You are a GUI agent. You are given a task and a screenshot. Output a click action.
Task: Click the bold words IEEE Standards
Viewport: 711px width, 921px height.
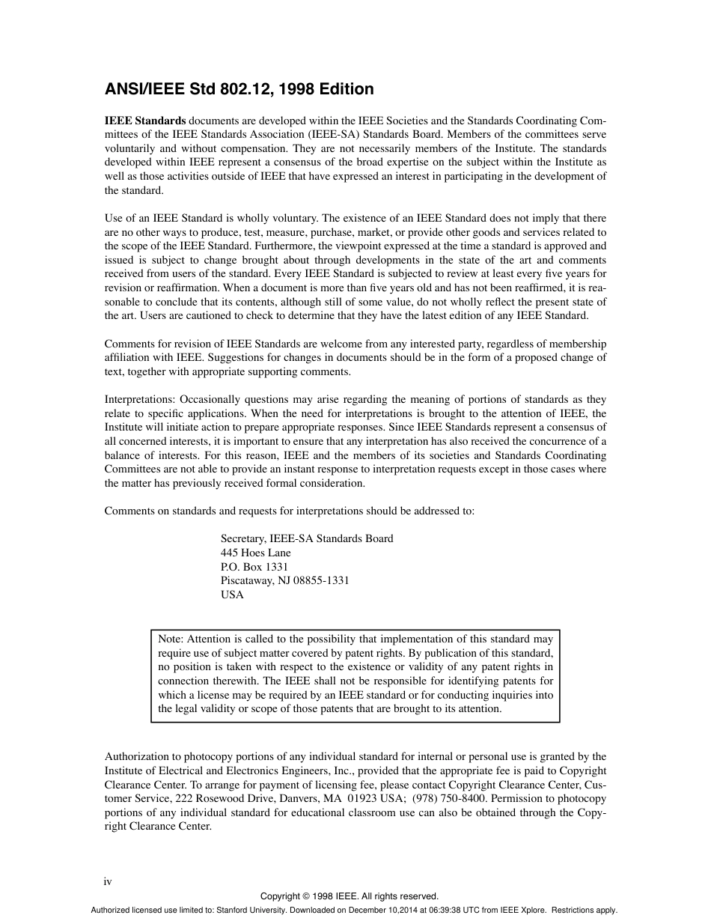(x=145, y=121)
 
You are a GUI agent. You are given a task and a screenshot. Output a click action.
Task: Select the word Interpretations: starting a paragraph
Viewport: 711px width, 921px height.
(x=140, y=400)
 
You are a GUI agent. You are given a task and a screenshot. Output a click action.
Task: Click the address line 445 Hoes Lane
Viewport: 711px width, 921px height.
(x=255, y=553)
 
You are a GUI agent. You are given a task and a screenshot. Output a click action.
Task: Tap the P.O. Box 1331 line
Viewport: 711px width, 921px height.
(x=254, y=567)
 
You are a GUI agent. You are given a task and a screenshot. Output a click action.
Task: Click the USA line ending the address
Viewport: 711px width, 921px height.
(x=232, y=595)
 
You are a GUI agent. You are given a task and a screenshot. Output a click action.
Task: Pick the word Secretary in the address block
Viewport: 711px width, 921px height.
(x=243, y=538)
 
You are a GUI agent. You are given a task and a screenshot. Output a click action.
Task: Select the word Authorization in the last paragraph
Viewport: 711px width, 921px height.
(x=138, y=756)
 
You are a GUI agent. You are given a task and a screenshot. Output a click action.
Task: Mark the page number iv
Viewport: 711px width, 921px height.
(x=108, y=881)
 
